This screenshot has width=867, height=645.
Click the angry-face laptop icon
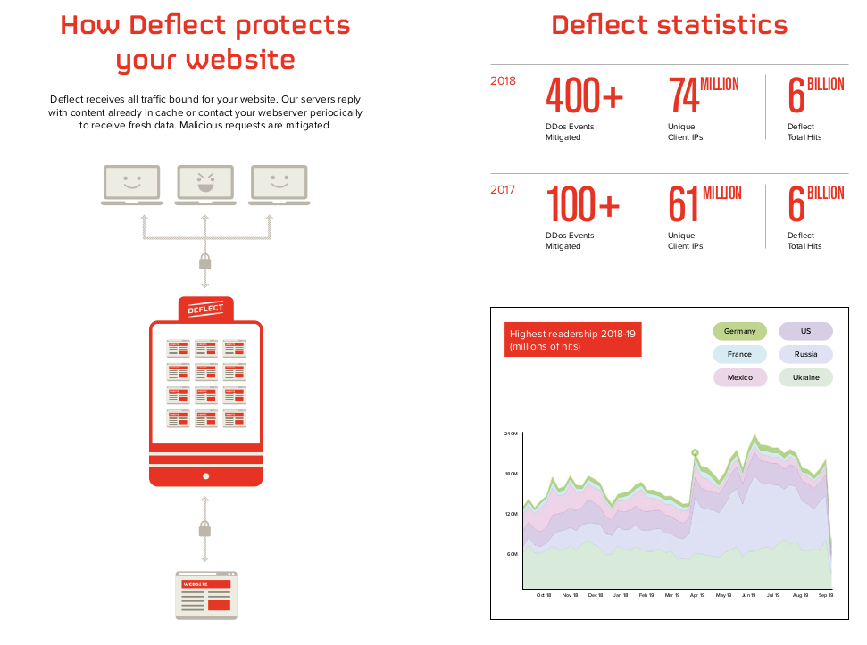[x=204, y=184]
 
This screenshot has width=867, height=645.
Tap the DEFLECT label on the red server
[x=205, y=310]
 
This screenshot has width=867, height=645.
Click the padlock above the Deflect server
[x=204, y=261]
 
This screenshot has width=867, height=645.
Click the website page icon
[x=206, y=595]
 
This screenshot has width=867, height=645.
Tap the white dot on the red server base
[x=205, y=475]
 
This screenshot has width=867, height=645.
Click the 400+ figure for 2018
[x=584, y=96]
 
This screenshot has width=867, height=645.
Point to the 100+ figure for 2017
[x=582, y=205]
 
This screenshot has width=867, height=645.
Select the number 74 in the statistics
[x=684, y=96]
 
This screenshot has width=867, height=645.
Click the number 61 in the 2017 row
[x=684, y=205]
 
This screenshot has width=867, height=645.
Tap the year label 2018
[x=504, y=81]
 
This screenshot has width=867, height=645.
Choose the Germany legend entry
[x=739, y=331]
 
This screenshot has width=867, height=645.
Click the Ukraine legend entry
[x=805, y=377]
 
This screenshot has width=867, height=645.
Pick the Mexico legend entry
[x=739, y=377]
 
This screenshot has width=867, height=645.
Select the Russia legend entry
[x=805, y=354]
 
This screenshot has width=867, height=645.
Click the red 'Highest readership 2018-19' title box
[x=573, y=340]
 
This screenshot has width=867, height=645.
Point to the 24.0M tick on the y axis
[x=512, y=434]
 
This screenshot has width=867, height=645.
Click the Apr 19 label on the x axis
[x=696, y=595]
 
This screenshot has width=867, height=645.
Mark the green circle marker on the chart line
[x=695, y=453]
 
